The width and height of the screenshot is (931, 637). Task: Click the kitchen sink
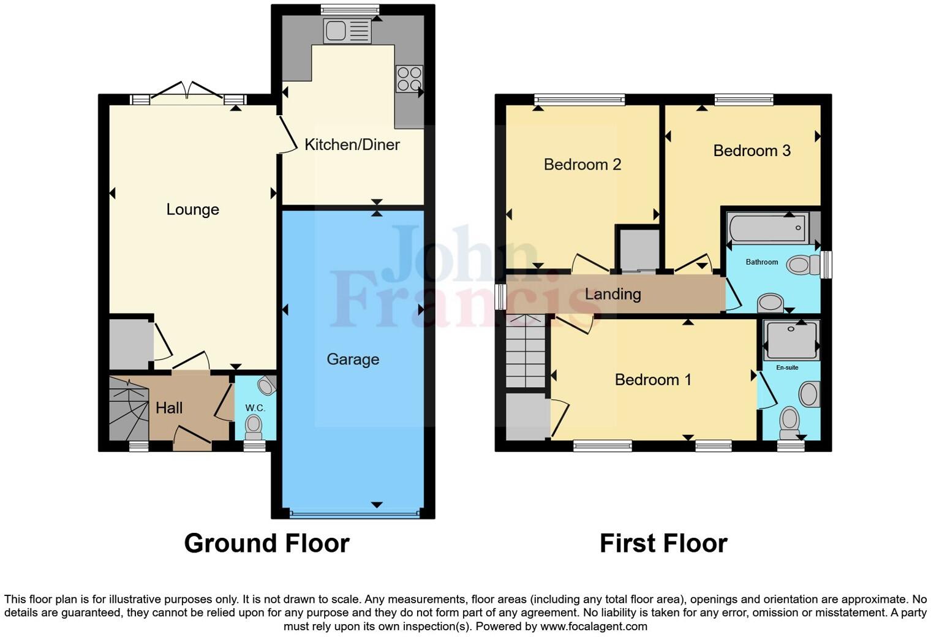[x=347, y=31]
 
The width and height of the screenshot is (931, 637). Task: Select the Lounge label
[x=192, y=209]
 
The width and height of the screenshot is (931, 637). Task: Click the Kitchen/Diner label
[x=352, y=145]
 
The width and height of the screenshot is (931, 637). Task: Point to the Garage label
[x=353, y=360]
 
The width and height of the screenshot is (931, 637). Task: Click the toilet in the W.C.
[x=253, y=424]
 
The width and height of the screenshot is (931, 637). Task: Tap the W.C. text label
[x=255, y=408]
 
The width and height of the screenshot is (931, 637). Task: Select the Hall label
[x=169, y=408]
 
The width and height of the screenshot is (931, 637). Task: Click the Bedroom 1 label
[x=653, y=380]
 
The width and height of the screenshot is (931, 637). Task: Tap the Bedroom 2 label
[x=582, y=165]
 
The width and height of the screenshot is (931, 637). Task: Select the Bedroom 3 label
[x=752, y=151]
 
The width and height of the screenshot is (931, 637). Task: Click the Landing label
[x=612, y=294]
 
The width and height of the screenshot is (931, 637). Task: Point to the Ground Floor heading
[x=266, y=543]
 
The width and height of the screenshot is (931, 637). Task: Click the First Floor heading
[x=663, y=543]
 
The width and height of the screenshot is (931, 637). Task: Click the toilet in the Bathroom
[x=803, y=265]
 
